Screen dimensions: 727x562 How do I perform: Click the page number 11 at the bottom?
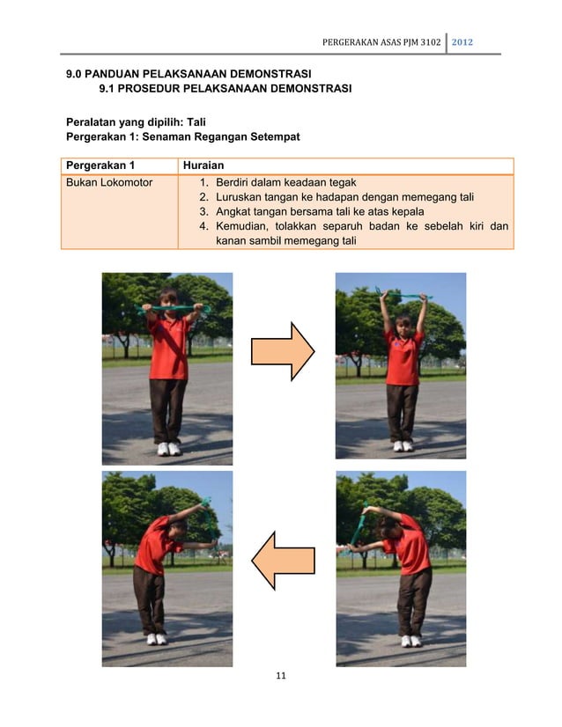[281, 676]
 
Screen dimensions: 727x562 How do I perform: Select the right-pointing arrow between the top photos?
[283, 351]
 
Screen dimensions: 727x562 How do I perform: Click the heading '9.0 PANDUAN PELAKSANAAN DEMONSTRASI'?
[191, 74]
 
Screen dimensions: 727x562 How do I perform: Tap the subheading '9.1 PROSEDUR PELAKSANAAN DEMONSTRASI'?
[225, 89]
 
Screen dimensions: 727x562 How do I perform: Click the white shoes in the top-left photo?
[168, 448]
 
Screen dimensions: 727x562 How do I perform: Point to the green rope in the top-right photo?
[401, 295]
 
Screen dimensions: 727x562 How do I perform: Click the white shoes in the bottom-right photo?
[411, 641]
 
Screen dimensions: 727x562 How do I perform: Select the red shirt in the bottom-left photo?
[153, 544]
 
